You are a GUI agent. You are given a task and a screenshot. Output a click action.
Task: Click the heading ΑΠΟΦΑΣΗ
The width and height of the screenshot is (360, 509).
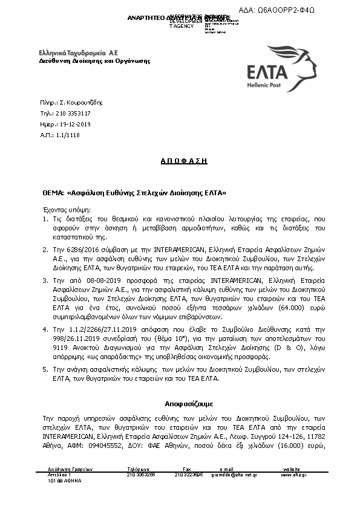[180, 161]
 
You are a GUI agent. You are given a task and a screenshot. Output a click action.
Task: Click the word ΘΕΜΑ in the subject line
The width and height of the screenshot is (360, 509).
[53, 193]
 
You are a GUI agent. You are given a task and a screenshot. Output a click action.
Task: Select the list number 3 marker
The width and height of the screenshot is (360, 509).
[45, 281]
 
